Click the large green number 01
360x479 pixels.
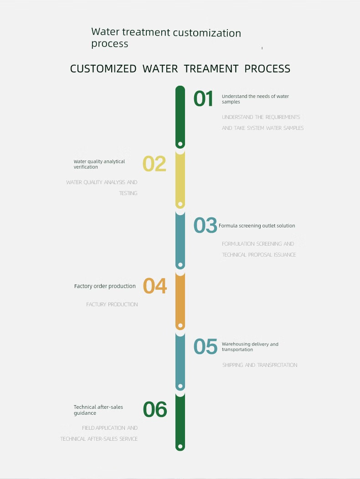(203, 99)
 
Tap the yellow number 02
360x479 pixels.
(154, 164)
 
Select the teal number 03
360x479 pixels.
(205, 225)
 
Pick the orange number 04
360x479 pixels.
(155, 286)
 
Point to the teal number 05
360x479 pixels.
(205, 346)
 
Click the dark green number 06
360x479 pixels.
(155, 410)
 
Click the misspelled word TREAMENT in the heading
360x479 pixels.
(211, 69)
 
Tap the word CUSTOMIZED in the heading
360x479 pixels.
(103, 69)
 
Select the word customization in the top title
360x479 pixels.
(207, 33)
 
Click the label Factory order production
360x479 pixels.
(105, 286)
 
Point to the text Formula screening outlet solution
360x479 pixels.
(257, 226)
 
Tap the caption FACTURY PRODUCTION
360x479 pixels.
(112, 304)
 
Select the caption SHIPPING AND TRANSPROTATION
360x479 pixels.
(260, 365)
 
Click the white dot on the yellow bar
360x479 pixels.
(180, 204)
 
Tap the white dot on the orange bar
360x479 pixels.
(180, 326)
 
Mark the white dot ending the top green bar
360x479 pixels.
(180, 144)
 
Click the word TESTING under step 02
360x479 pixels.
(128, 193)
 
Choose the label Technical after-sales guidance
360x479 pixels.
(98, 410)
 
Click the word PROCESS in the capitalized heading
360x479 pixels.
(267, 69)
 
